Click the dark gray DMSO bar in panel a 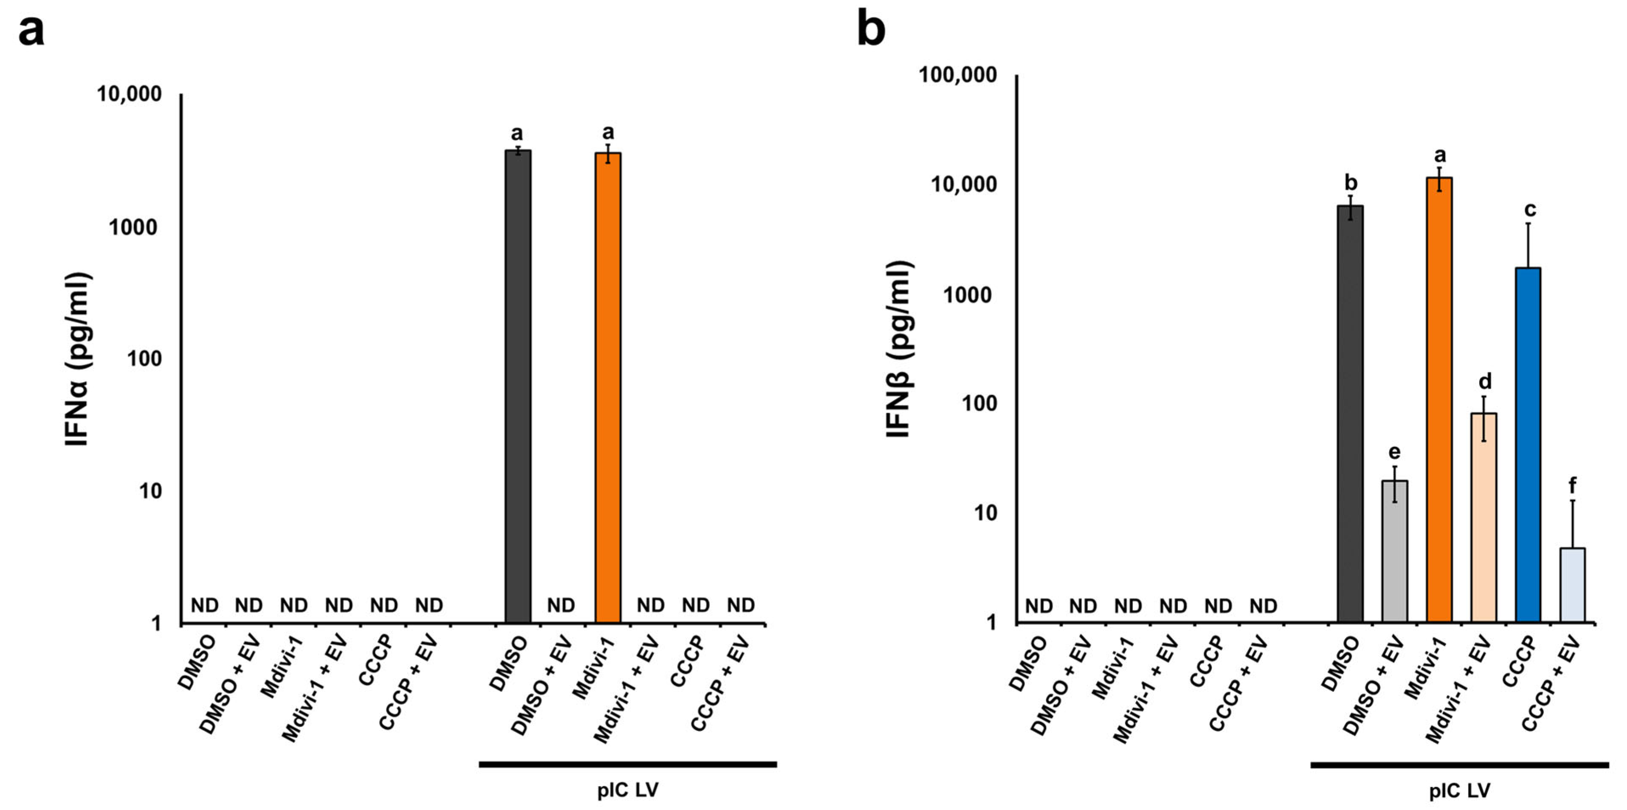pos(517,387)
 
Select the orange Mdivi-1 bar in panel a pos(608,388)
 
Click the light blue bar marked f pos(1573,584)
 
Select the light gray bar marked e pos(1394,551)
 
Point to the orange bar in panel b pos(1439,399)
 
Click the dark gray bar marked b pos(1350,413)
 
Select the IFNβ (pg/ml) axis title pos(899,350)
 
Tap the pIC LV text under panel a pos(628,790)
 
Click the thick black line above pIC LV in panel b pos(1459,765)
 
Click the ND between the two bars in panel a pos(561,605)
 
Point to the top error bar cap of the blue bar pos(1528,223)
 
